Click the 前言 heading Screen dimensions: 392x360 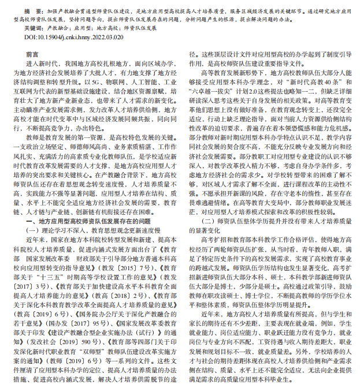[x=32, y=54]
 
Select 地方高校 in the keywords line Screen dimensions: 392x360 [x=104, y=27]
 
